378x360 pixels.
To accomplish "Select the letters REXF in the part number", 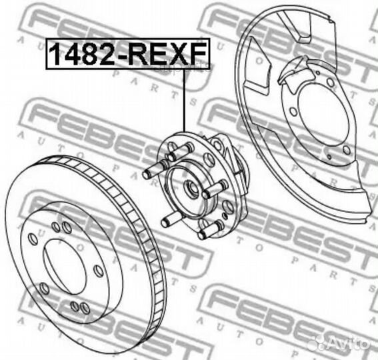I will click(x=169, y=53).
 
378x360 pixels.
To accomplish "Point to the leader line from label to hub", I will click(x=184, y=100).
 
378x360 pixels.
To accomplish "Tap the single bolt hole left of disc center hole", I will click(x=33, y=239).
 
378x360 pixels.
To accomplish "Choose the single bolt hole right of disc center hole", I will click(x=98, y=270).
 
